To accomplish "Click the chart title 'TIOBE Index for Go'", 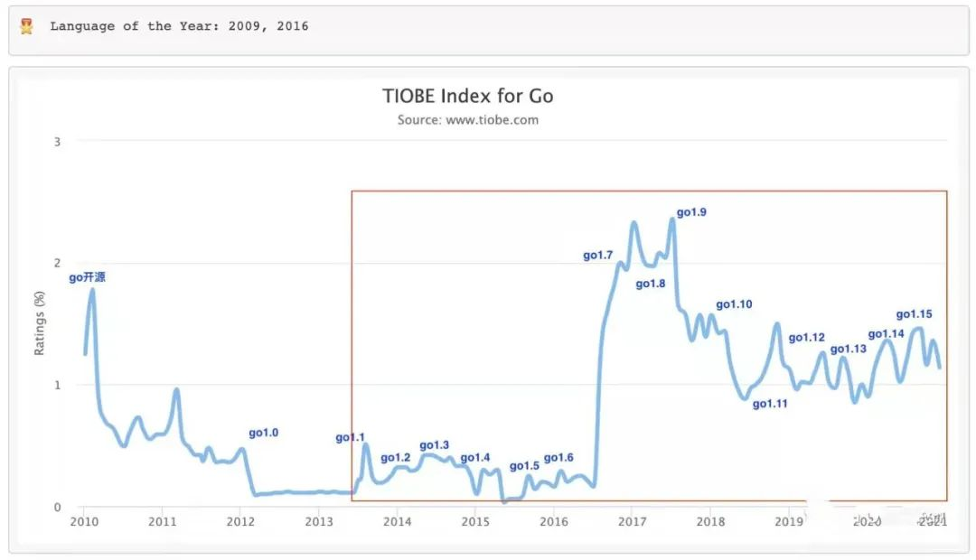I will coord(467,96).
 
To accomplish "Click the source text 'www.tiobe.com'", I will coord(492,120).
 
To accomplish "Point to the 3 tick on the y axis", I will coord(57,142).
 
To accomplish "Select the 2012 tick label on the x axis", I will coord(240,521).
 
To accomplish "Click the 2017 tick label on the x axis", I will coord(632,521).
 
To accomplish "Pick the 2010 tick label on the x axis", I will coord(84,521).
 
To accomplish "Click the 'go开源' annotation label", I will coord(88,277).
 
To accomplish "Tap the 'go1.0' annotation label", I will coord(264,434).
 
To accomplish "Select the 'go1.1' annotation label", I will coord(350,438).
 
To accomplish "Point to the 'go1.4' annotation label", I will coord(475,458).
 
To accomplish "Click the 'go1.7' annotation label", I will coord(598,256).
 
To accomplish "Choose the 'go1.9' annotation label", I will coord(692,212).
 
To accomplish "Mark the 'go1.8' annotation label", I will coord(651,284).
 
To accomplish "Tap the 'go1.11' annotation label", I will coord(770,404).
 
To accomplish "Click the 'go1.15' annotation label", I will coord(914,314).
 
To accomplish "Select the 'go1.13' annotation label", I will coord(848,350).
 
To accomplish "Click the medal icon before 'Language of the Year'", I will coord(27,26).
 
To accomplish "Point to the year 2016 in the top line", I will coord(293,26).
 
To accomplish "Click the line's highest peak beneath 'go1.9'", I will coord(672,219).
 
